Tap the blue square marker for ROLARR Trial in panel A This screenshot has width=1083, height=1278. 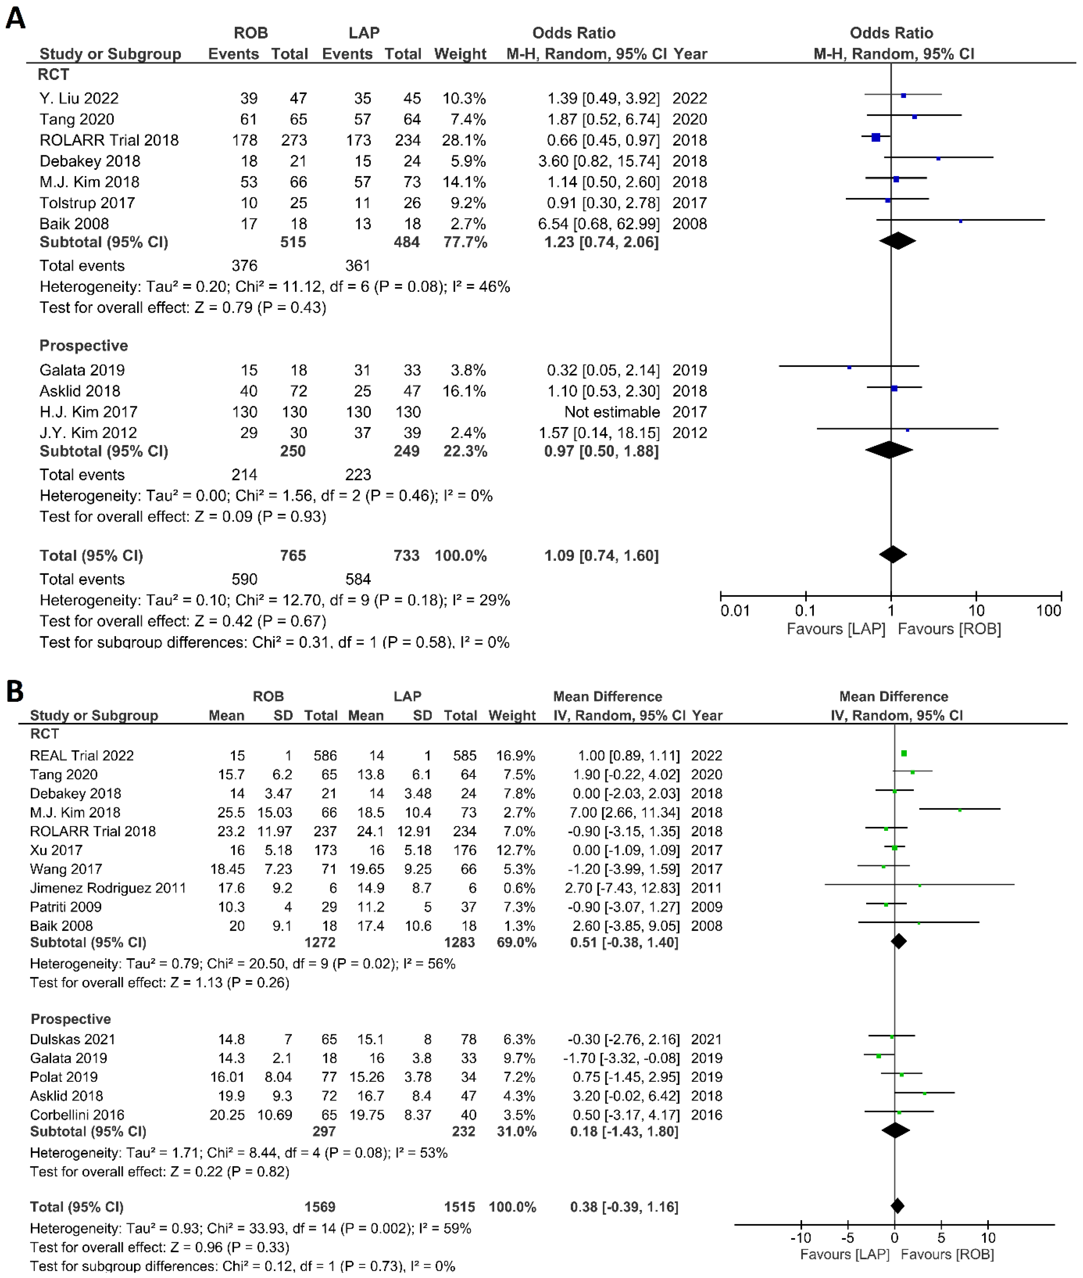[876, 138]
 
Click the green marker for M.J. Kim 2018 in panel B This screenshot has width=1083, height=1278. [960, 810]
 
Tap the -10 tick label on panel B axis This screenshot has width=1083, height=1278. [801, 1238]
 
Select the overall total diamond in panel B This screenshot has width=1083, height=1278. [897, 1206]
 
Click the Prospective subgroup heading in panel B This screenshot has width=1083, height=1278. [70, 1019]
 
